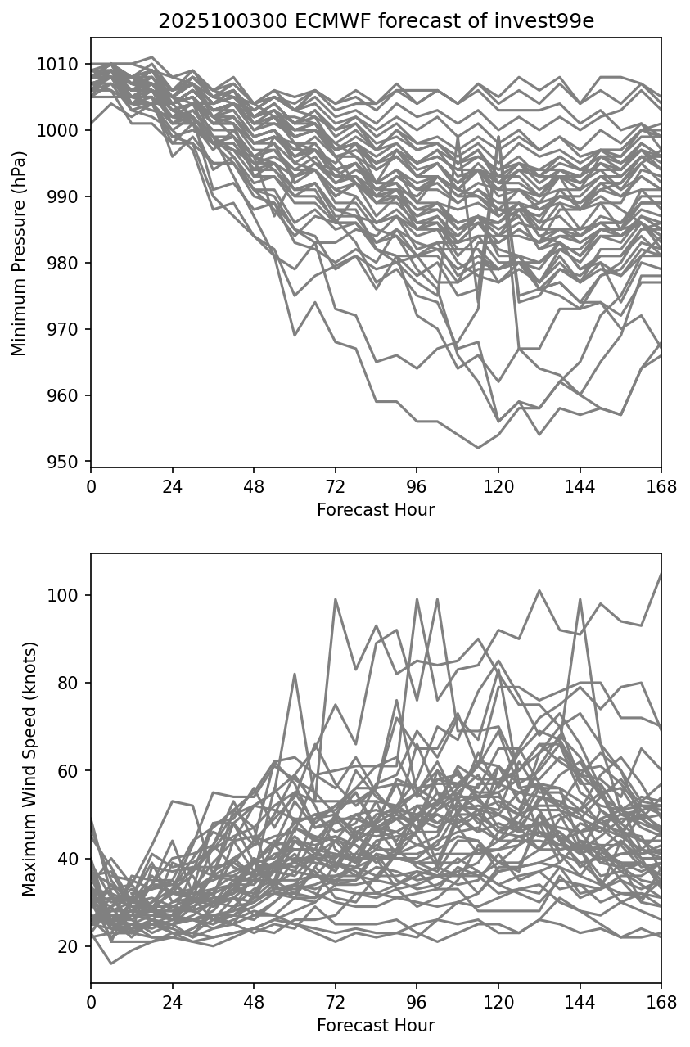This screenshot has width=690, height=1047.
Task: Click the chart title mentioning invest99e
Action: [376, 21]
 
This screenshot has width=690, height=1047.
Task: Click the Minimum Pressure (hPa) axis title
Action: [20, 253]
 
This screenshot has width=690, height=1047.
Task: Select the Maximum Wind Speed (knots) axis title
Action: [29, 769]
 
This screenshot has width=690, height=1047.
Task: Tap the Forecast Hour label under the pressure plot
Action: [376, 510]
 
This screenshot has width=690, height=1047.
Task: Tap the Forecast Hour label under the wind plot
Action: [376, 1025]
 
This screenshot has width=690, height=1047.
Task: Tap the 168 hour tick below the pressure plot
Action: [661, 486]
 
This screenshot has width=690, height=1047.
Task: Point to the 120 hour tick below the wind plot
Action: [498, 1001]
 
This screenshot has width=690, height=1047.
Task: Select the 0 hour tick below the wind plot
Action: [91, 1001]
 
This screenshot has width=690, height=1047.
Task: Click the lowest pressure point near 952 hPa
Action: [478, 448]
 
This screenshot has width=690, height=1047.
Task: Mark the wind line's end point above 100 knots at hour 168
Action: [661, 574]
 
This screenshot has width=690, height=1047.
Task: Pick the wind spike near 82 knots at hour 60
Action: [295, 674]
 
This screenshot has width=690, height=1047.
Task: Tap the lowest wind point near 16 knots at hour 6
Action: [111, 964]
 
